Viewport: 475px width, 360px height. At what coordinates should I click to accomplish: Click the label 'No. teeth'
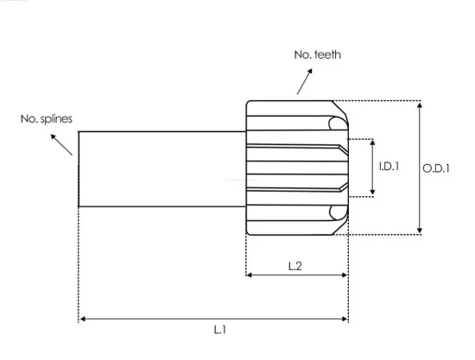[318, 54]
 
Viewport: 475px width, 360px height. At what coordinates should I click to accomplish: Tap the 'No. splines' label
[47, 118]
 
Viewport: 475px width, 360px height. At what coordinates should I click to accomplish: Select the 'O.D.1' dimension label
[436, 168]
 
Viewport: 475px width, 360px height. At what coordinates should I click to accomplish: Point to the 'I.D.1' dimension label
[389, 167]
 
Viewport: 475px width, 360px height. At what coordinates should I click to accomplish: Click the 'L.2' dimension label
[295, 266]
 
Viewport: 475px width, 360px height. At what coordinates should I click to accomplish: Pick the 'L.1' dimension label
[220, 330]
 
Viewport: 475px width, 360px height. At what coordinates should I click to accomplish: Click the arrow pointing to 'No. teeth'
[305, 81]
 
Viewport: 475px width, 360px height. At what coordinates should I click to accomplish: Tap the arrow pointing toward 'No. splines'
[61, 145]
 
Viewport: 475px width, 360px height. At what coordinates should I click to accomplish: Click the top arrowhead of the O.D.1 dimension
[420, 105]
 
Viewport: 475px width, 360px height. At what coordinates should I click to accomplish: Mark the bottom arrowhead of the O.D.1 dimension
[420, 231]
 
